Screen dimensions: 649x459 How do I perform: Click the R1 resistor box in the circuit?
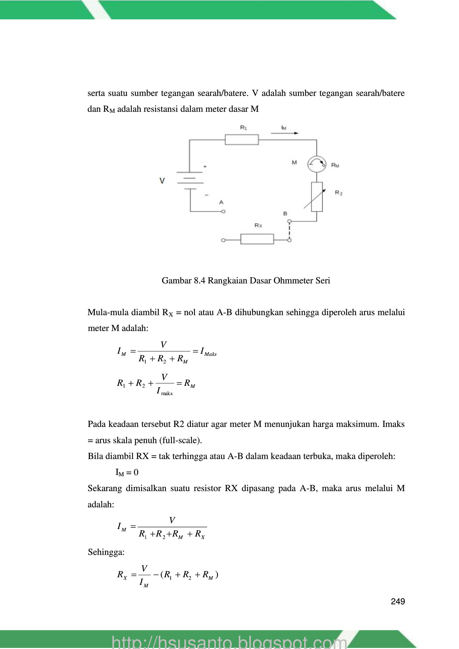(x=241, y=140)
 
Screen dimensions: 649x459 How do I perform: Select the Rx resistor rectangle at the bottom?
(x=257, y=239)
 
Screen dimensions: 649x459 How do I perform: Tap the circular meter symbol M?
(x=316, y=164)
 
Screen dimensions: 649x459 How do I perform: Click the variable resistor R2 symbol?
(x=316, y=197)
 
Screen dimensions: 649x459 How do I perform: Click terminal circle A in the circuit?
(x=223, y=212)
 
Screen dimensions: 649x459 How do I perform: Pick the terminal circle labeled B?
(x=288, y=221)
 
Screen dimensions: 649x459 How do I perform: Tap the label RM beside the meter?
(x=335, y=165)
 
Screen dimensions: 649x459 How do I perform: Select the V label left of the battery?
(x=162, y=181)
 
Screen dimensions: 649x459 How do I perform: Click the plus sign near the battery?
(x=205, y=167)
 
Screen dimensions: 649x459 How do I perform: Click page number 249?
(x=398, y=601)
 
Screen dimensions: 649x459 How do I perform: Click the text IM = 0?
(x=127, y=472)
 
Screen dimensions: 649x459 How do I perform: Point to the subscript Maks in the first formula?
(x=210, y=354)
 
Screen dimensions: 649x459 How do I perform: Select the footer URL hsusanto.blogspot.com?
(x=229, y=642)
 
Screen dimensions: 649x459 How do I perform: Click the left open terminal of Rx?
(x=223, y=240)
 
